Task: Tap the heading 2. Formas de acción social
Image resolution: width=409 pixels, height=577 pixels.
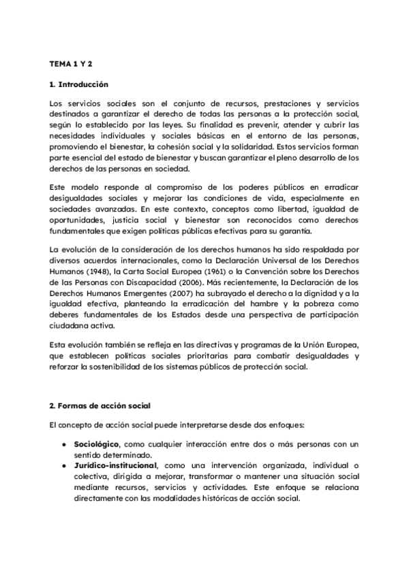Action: point(100,406)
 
